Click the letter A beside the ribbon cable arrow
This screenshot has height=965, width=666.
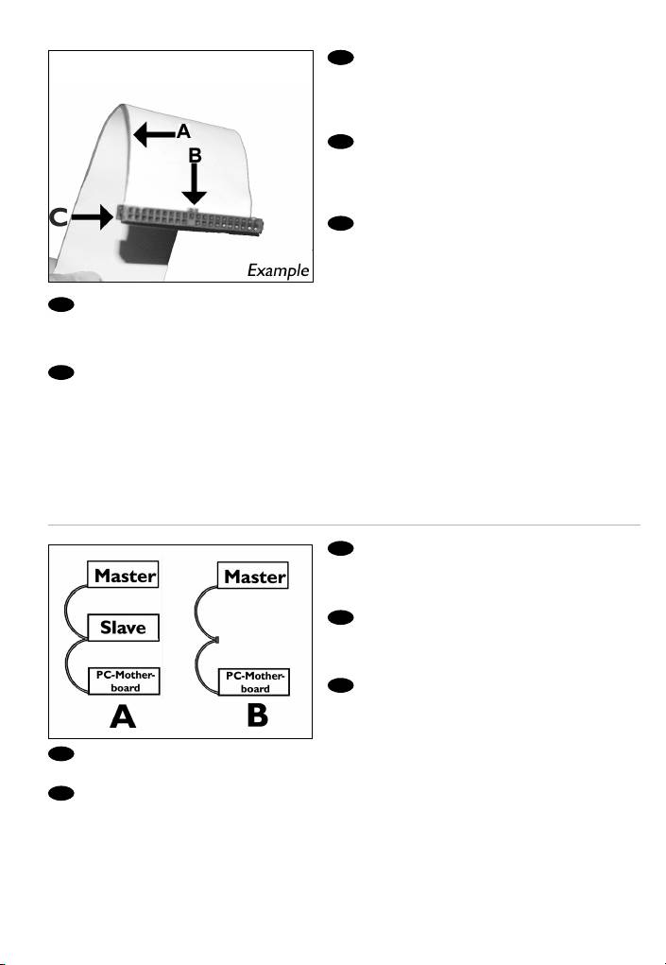tap(184, 131)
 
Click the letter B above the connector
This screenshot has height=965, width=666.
tap(195, 155)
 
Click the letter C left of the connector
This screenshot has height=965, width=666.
tap(59, 217)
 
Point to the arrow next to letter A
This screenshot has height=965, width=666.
tap(154, 134)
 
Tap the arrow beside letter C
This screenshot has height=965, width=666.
tap(92, 217)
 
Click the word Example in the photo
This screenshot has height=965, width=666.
tap(278, 270)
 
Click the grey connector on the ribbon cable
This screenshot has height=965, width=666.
tap(189, 220)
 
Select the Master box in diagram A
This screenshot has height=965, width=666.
tap(123, 575)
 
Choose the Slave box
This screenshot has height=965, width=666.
tap(123, 628)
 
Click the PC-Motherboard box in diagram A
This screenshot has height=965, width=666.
tap(124, 681)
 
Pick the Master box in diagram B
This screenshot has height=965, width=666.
tap(253, 576)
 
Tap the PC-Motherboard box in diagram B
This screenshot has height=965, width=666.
tap(254, 681)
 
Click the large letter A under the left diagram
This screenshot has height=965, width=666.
tap(123, 716)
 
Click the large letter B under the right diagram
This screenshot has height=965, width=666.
tap(257, 715)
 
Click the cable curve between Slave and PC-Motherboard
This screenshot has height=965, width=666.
tap(66, 666)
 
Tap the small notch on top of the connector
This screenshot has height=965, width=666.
tap(193, 211)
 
